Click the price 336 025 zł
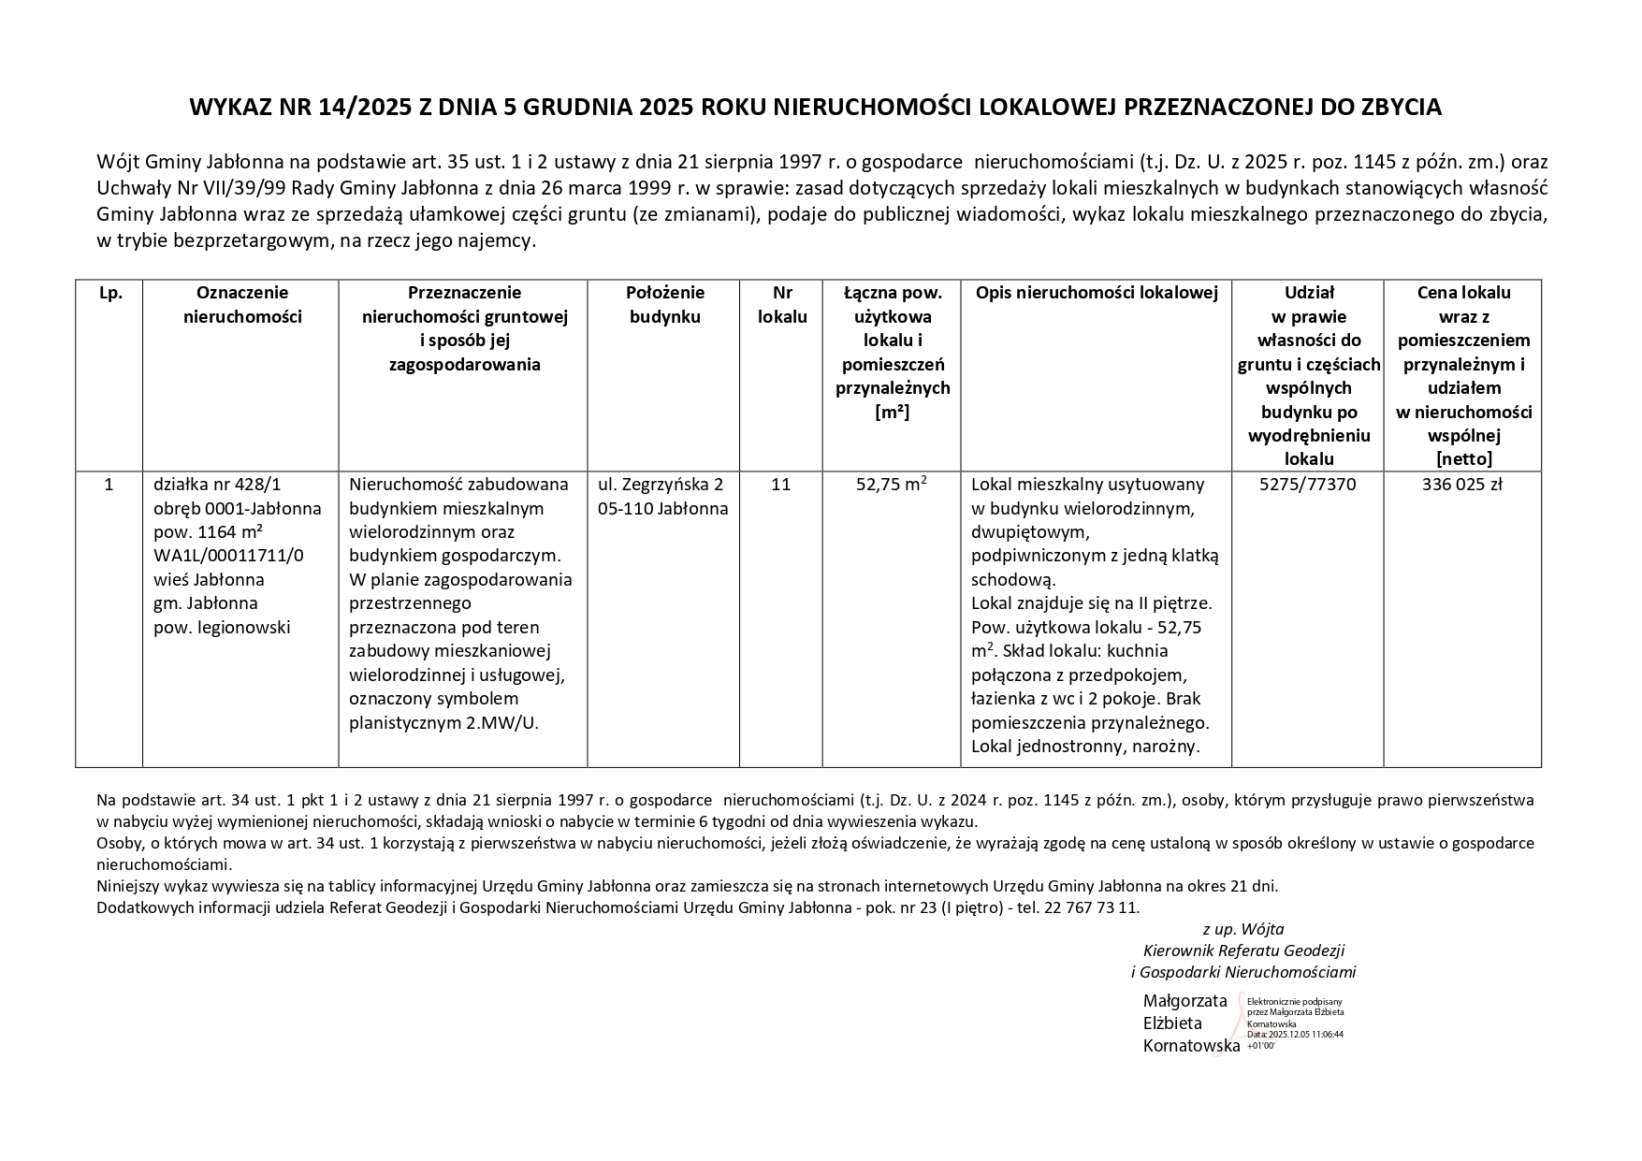click(x=1461, y=485)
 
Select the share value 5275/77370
click(x=1307, y=485)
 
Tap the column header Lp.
click(x=109, y=293)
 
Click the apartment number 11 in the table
click(x=780, y=485)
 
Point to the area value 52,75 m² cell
click(x=891, y=485)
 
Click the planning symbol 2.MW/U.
click(x=502, y=722)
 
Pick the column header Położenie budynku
click(x=664, y=305)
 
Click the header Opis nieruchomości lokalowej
click(x=1097, y=293)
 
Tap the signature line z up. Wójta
click(x=1242, y=929)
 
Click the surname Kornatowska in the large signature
click(x=1191, y=1046)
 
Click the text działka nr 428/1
click(x=217, y=485)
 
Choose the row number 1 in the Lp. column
click(x=109, y=485)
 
